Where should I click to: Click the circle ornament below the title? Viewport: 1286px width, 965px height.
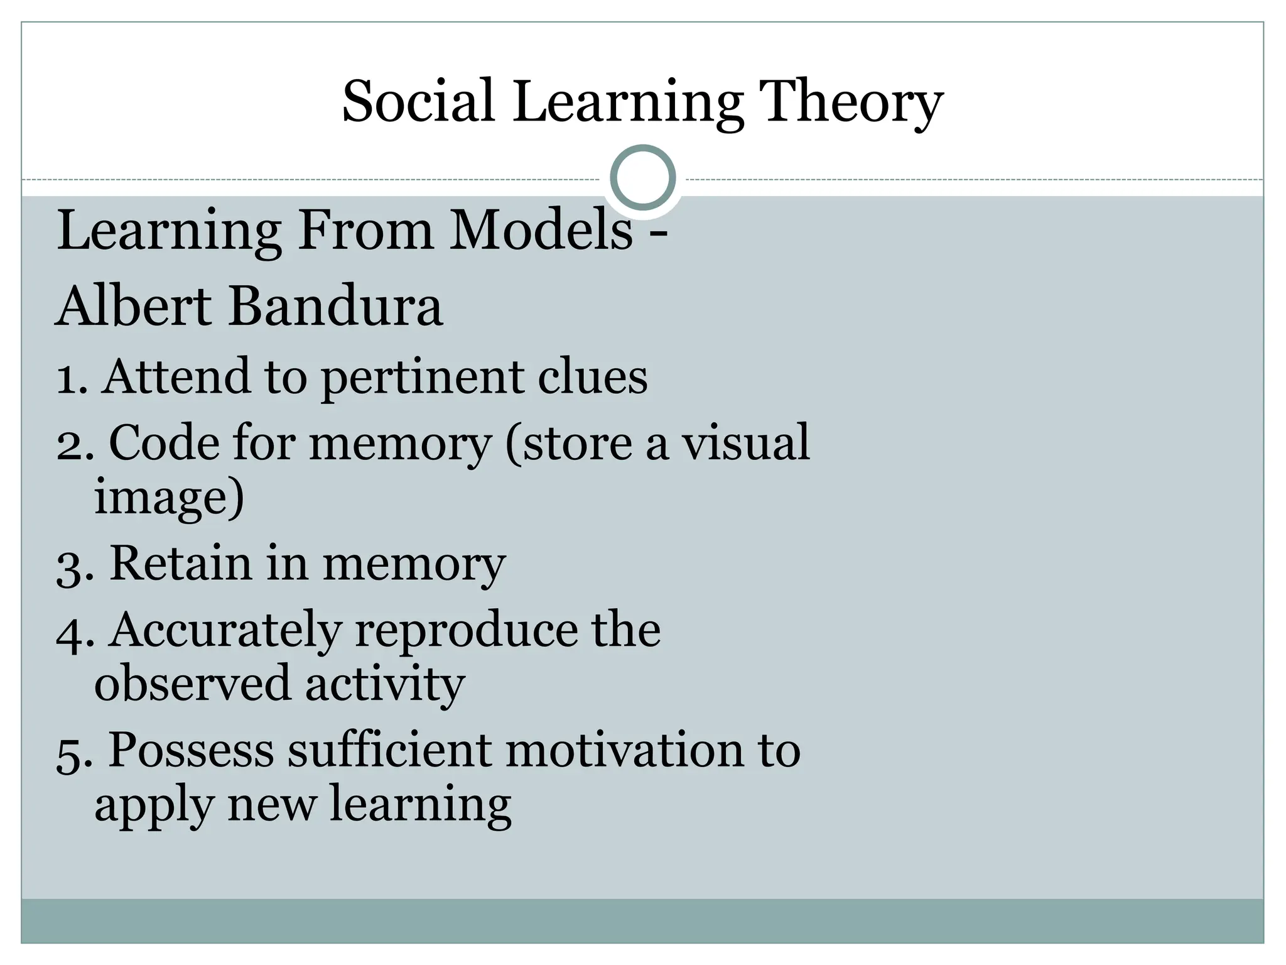[643, 177]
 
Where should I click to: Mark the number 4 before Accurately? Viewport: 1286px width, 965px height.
[72, 632]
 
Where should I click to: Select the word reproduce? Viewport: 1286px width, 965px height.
[465, 631]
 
